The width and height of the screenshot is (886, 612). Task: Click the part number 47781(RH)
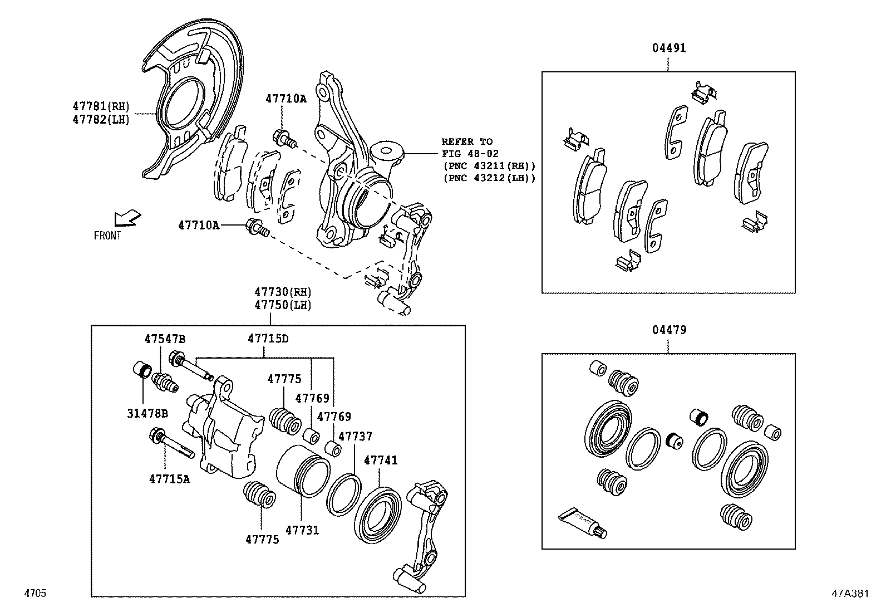click(101, 106)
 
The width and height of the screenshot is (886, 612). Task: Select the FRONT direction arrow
click(127, 218)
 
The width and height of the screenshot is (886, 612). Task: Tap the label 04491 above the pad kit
click(669, 48)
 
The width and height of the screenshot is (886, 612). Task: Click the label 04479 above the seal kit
click(669, 330)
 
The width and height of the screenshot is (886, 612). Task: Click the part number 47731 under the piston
click(302, 530)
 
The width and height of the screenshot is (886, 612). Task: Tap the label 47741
click(381, 461)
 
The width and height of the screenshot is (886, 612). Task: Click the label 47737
click(355, 437)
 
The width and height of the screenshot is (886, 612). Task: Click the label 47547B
click(165, 339)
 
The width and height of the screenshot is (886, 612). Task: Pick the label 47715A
click(169, 478)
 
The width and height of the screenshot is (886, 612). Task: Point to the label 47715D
click(268, 339)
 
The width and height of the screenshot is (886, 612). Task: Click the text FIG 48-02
click(470, 154)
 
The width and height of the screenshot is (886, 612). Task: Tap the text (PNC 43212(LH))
click(489, 178)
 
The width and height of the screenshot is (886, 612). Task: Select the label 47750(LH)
click(283, 305)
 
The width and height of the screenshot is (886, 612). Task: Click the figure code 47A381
click(850, 594)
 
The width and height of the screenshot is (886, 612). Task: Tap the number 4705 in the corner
click(35, 594)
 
